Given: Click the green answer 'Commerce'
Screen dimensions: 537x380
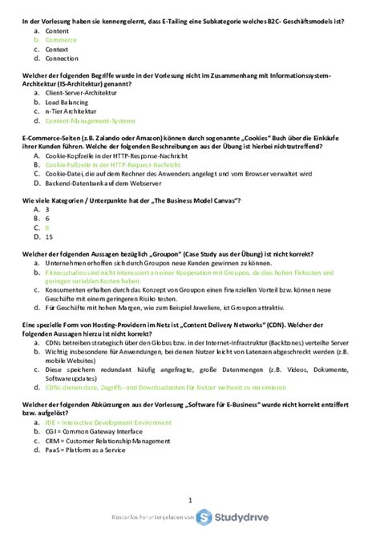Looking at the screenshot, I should tap(61, 38).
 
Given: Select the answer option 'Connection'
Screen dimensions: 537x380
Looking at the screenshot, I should tap(63, 59).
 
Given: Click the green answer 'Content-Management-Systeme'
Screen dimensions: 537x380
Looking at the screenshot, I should tap(91, 122).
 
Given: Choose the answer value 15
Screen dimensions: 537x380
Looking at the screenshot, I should tap(49, 237).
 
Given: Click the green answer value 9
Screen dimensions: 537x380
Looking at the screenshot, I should tap(47, 228).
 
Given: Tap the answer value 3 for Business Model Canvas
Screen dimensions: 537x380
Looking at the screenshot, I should tap(47, 208).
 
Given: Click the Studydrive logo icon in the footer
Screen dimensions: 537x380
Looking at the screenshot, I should tap(204, 517).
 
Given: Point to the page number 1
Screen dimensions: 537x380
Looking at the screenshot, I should tap(190, 499).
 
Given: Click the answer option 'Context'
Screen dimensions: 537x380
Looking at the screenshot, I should tap(58, 48).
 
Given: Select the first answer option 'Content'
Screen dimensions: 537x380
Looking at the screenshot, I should tap(58, 29).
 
